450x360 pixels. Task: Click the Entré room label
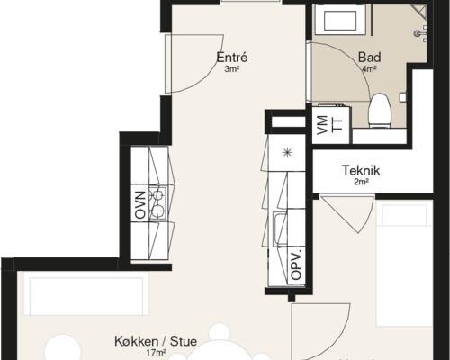tap(232, 58)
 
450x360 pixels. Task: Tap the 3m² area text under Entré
tap(232, 69)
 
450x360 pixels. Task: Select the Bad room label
tap(370, 57)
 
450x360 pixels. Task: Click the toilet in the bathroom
tap(380, 111)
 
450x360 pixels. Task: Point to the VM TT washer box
tap(331, 124)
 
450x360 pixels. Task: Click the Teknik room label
tap(361, 170)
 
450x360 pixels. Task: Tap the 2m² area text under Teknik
tap(361, 182)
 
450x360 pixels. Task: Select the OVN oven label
tap(140, 204)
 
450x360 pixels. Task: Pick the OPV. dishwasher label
tap(296, 265)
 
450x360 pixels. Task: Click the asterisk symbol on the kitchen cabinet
tap(287, 153)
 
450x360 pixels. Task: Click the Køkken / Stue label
tap(156, 341)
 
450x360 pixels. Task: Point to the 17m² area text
tap(156, 353)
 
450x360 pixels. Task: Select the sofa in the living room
tap(86, 296)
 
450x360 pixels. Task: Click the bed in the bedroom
tap(404, 263)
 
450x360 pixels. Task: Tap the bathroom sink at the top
tap(340, 21)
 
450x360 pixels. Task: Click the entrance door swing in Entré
tap(194, 64)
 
